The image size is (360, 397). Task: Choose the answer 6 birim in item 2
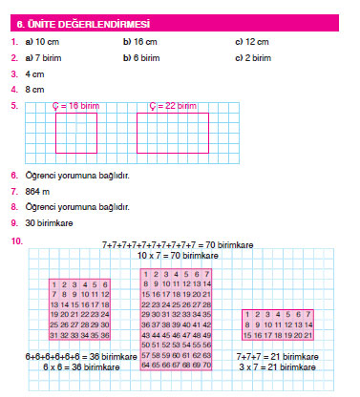(x=141, y=58)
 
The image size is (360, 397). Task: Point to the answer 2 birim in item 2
(x=253, y=58)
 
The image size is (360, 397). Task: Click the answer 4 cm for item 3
(x=35, y=73)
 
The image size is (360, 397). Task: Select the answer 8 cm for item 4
(x=35, y=89)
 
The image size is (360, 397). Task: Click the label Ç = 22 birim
(x=174, y=106)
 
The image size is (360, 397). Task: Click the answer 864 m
(x=38, y=191)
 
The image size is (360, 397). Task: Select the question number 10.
(x=16, y=240)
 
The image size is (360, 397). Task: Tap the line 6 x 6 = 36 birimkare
(x=68, y=367)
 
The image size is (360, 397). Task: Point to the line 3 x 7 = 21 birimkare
(x=275, y=367)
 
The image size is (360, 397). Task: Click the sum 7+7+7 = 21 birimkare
(x=275, y=356)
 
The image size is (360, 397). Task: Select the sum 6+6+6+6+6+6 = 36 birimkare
(x=69, y=356)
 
